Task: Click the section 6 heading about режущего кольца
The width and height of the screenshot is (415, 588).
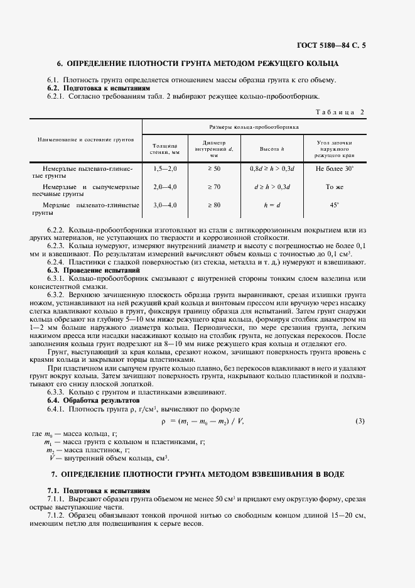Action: (198, 63)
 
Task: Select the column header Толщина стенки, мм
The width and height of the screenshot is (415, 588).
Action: (165, 148)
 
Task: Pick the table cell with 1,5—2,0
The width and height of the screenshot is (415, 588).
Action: (165, 169)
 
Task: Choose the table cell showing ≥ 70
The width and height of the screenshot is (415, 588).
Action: (214, 187)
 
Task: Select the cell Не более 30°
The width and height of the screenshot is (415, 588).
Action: (335, 169)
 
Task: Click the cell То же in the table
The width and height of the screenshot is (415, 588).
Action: (335, 187)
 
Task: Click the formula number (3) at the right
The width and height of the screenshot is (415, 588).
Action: (360, 420)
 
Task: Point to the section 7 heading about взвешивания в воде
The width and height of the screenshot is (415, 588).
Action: (198, 472)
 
